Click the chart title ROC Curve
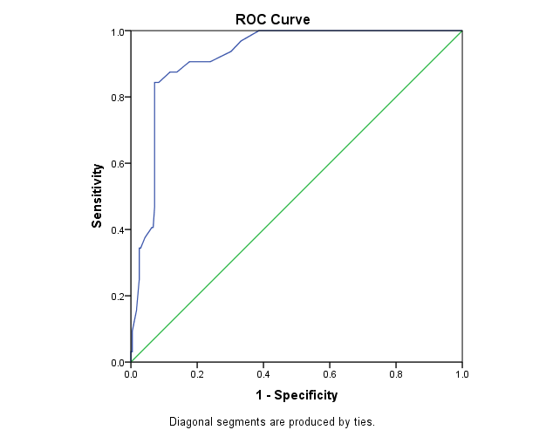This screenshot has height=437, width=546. point(272,18)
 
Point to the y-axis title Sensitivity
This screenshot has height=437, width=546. point(98,195)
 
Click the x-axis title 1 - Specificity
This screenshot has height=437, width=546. point(296,395)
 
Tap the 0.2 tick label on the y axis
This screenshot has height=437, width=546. point(117,297)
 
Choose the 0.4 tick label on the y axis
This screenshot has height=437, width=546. point(117,230)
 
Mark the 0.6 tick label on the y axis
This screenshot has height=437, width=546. point(117,164)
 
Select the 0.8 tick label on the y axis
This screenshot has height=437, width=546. point(117,98)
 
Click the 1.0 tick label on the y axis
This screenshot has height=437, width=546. point(117,32)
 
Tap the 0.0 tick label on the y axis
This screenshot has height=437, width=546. point(117,362)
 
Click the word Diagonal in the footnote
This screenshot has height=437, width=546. point(190,422)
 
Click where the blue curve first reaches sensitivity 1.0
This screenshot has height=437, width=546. point(259,31)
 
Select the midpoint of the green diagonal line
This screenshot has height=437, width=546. point(297,197)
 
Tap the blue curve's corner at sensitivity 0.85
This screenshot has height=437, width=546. point(154,83)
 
